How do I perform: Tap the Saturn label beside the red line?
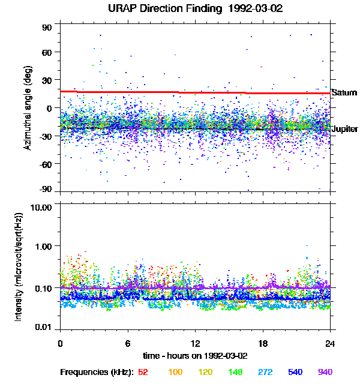[344, 93]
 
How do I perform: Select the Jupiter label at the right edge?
[344, 129]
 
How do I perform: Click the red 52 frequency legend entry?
[143, 373]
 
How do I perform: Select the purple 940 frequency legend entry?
[325, 373]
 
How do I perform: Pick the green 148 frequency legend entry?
[235, 373]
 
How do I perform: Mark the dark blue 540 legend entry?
[295, 373]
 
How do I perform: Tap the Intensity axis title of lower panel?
[19, 266]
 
